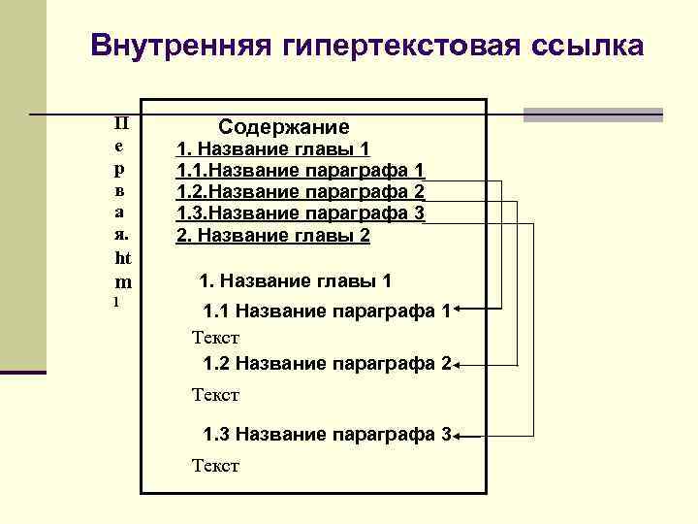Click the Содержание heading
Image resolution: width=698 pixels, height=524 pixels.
pyautogui.click(x=284, y=127)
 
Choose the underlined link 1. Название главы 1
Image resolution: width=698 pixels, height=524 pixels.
pyautogui.click(x=272, y=149)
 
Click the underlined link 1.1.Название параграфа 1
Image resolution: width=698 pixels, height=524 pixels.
pyautogui.click(x=300, y=171)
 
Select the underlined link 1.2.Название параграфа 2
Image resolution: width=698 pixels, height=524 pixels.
pyautogui.click(x=300, y=192)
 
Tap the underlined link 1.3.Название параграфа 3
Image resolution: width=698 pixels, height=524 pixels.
pyautogui.click(x=300, y=213)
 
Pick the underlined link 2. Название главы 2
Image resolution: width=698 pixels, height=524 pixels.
pyautogui.click(x=272, y=235)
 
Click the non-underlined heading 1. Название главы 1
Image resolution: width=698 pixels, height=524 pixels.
pyautogui.click(x=296, y=281)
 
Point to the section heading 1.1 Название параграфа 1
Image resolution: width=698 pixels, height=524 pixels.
pyautogui.click(x=327, y=312)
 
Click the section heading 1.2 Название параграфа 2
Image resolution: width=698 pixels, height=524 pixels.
pyautogui.click(x=327, y=364)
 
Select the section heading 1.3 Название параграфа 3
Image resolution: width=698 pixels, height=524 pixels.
pyautogui.click(x=327, y=434)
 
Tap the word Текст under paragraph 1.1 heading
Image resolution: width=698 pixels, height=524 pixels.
pyautogui.click(x=215, y=339)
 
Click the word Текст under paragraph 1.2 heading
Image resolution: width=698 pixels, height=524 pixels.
pyautogui.click(x=215, y=395)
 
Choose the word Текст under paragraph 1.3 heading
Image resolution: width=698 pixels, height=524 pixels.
pyautogui.click(x=215, y=467)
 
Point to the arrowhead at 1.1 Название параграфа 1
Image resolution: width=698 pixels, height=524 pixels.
pyautogui.click(x=460, y=311)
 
